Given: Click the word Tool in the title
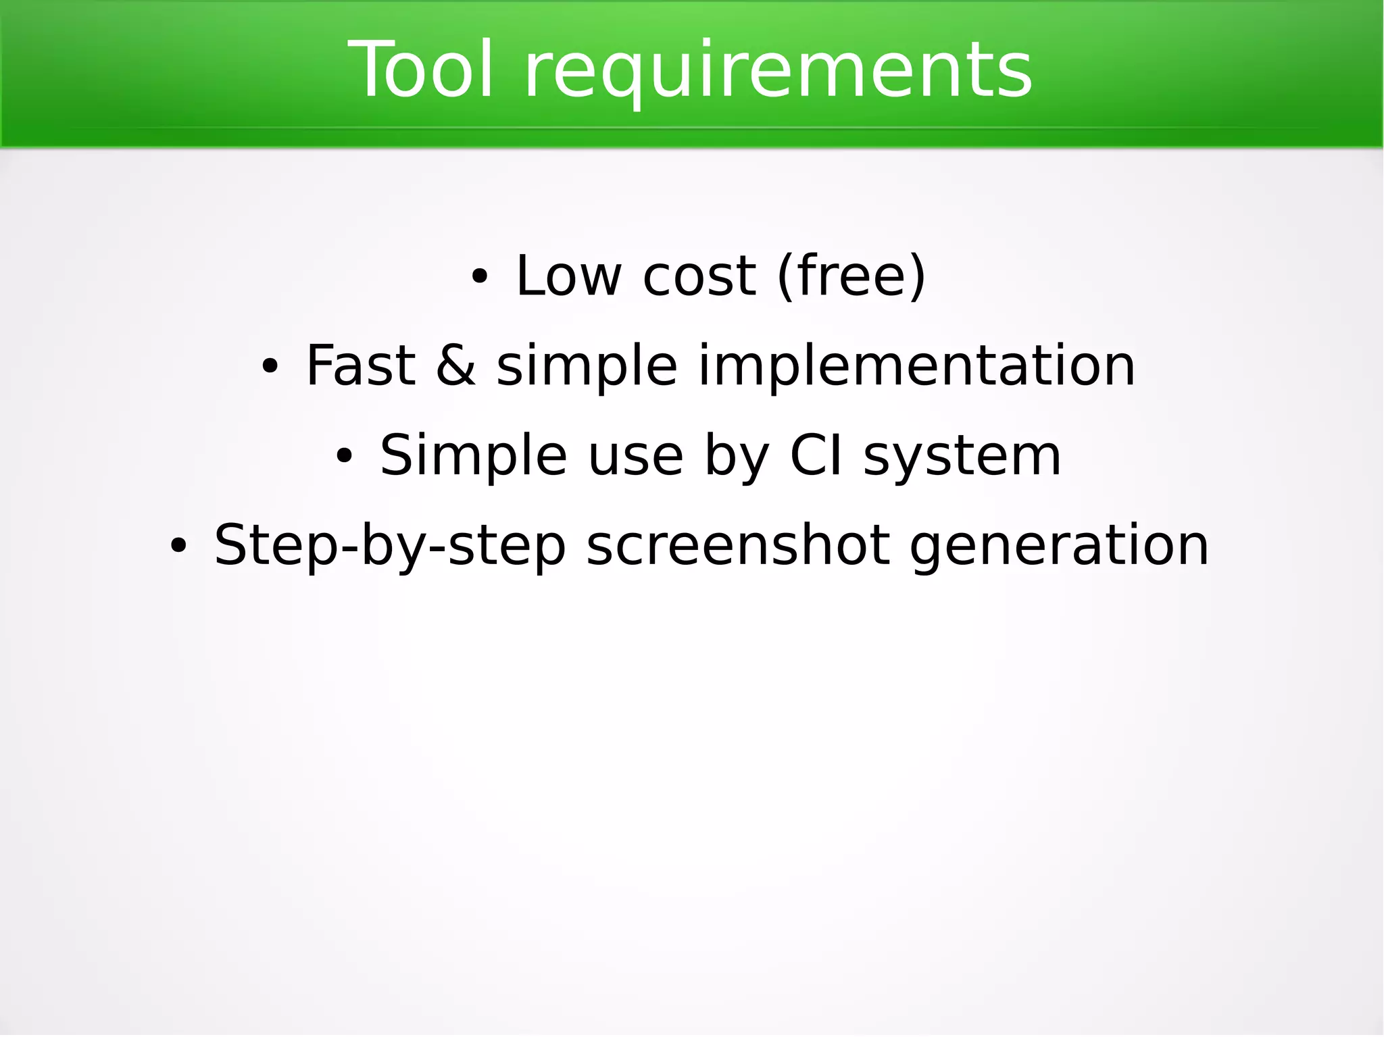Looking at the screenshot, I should [x=420, y=70].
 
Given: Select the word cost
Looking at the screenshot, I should [x=699, y=277].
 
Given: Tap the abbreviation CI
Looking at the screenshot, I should [x=816, y=456].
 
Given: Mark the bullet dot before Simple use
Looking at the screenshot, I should [x=344, y=457].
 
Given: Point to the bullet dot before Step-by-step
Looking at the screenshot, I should [x=178, y=547].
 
